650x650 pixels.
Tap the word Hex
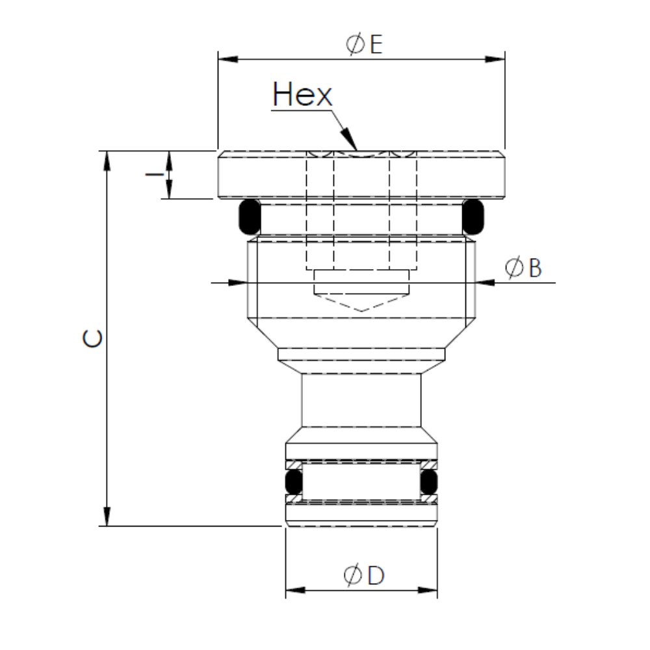point(302,96)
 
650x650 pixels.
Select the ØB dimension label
point(524,268)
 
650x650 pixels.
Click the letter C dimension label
point(93,339)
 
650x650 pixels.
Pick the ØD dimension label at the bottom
point(364,575)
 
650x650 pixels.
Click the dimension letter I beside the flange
point(153,174)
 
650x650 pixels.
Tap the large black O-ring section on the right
point(473,217)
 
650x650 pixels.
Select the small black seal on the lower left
point(294,482)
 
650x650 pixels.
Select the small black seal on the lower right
point(428,482)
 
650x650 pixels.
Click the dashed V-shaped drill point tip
point(361,309)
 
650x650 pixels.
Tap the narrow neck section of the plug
point(361,400)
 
